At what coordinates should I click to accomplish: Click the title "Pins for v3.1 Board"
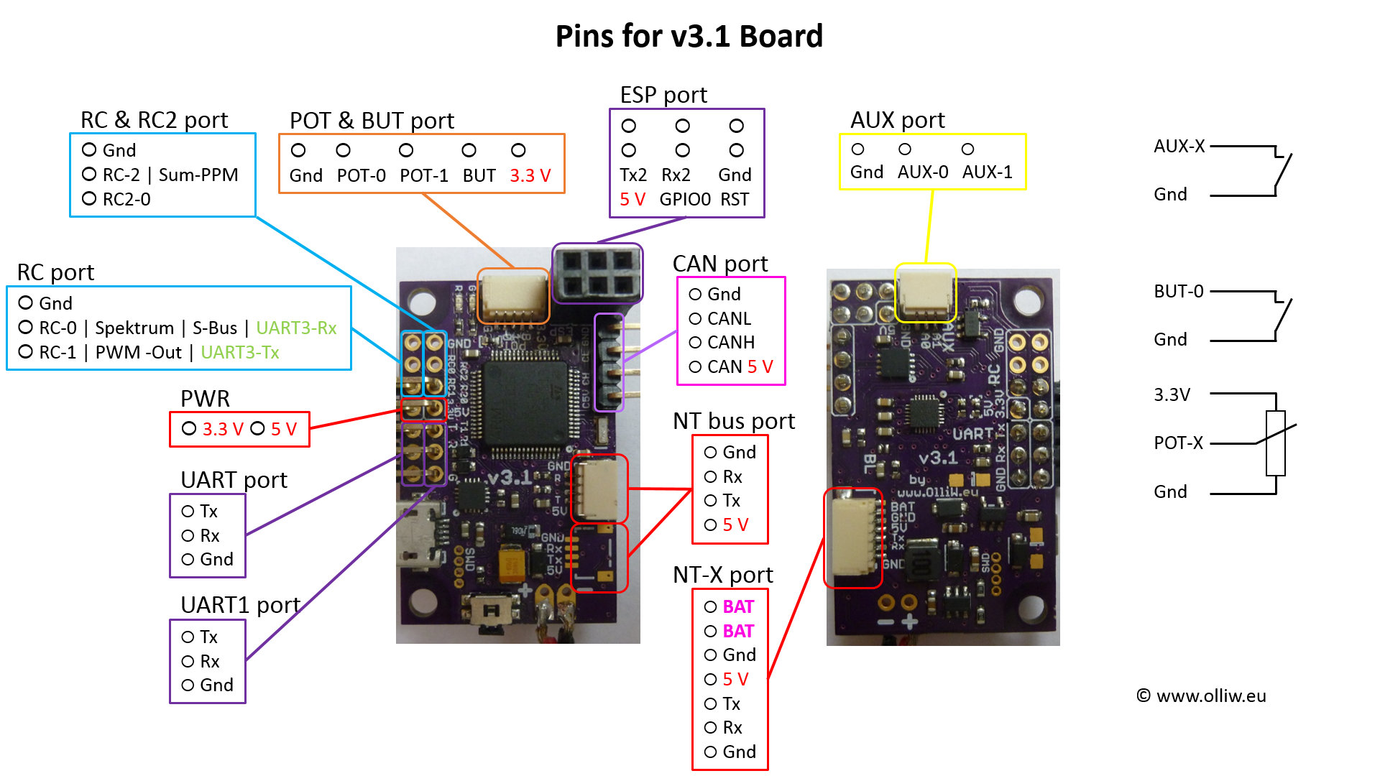coord(689,36)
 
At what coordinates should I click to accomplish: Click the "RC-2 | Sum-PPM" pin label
coord(170,175)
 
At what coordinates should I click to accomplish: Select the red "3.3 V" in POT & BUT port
coord(530,175)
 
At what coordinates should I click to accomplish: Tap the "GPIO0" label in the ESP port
coord(685,199)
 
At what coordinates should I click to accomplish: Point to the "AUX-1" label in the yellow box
coord(987,172)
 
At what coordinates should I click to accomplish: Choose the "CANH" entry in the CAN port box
coord(730,342)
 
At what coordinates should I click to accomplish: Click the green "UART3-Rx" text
coord(296,328)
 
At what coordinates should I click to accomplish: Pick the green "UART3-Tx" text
coord(240,352)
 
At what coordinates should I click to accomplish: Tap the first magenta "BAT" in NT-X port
coord(738,606)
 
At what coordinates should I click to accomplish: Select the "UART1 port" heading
coord(240,605)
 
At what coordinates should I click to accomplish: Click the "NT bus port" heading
coord(733,420)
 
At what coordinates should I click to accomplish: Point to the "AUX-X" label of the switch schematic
coord(1179,146)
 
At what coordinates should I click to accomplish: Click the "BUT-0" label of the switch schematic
coord(1178,291)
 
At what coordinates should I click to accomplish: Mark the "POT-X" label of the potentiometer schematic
coord(1178,443)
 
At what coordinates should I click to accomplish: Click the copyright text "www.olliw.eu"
coord(1210,696)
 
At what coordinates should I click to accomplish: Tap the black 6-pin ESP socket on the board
coord(597,274)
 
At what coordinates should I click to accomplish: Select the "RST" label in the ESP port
coord(735,199)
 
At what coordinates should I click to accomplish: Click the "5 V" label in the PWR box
coord(283,429)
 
